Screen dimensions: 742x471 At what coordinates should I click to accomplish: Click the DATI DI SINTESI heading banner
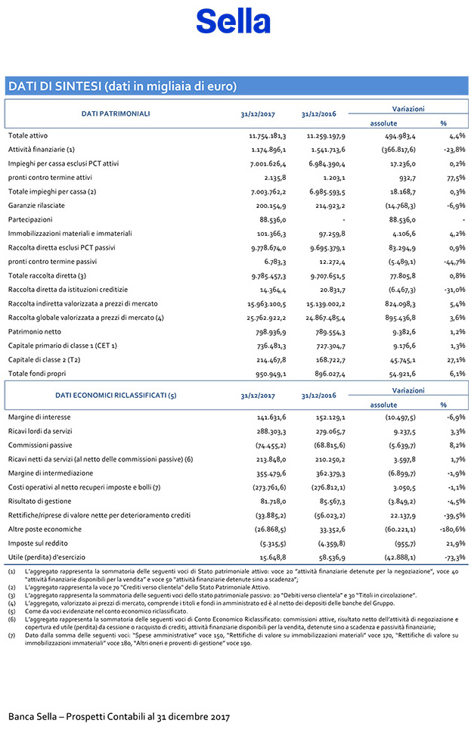(x=122, y=85)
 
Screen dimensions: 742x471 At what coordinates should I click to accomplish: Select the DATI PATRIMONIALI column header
(x=115, y=113)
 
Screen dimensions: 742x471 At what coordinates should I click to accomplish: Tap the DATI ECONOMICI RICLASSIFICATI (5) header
(x=116, y=395)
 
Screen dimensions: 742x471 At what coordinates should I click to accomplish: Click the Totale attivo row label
(x=28, y=135)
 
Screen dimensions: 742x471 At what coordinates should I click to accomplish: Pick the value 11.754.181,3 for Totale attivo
(x=268, y=135)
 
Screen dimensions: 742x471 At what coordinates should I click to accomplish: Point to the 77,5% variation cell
(x=454, y=177)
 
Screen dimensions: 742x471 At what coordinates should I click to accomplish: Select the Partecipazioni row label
(x=29, y=219)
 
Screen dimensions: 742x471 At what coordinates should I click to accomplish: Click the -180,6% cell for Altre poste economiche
(x=451, y=529)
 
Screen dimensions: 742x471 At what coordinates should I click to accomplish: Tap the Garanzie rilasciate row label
(x=36, y=205)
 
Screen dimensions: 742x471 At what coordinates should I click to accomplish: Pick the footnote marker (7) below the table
(x=11, y=637)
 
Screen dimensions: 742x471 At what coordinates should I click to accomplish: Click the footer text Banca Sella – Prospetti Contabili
(x=119, y=716)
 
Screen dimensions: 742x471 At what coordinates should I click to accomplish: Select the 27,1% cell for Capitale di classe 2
(x=454, y=359)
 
